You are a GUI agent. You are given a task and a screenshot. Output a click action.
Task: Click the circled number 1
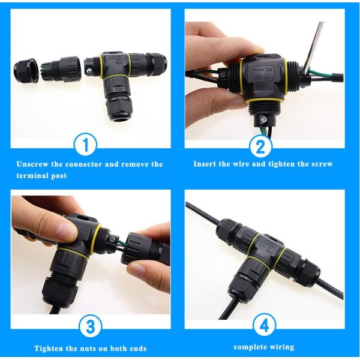[85, 146]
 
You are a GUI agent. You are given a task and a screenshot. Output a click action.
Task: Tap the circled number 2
[260, 146]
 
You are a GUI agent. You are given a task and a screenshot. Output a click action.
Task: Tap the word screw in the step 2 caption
[320, 164]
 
